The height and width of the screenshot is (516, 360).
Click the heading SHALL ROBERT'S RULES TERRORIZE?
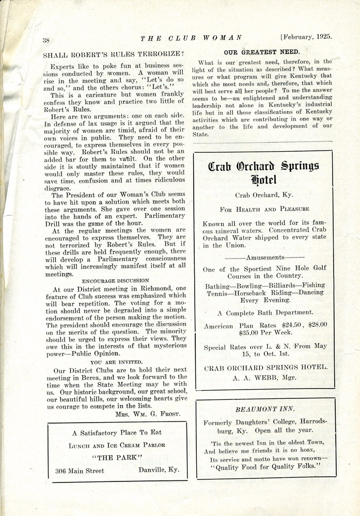114,54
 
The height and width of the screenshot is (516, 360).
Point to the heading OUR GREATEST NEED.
262,52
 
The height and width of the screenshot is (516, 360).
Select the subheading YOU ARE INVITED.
117,362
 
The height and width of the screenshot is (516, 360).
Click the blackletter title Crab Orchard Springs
264,167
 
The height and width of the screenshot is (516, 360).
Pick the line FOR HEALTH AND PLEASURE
264,209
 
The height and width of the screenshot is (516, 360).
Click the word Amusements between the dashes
265,257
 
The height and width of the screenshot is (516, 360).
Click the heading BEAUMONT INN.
265,409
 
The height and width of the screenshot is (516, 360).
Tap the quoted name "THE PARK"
118,458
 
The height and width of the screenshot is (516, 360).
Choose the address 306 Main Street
80,471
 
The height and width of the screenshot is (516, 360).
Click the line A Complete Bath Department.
265,313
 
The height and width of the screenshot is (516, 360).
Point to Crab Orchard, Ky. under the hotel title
264,196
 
